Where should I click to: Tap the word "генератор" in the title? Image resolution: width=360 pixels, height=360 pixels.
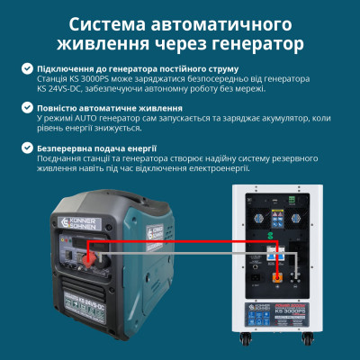tap(255, 42)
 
